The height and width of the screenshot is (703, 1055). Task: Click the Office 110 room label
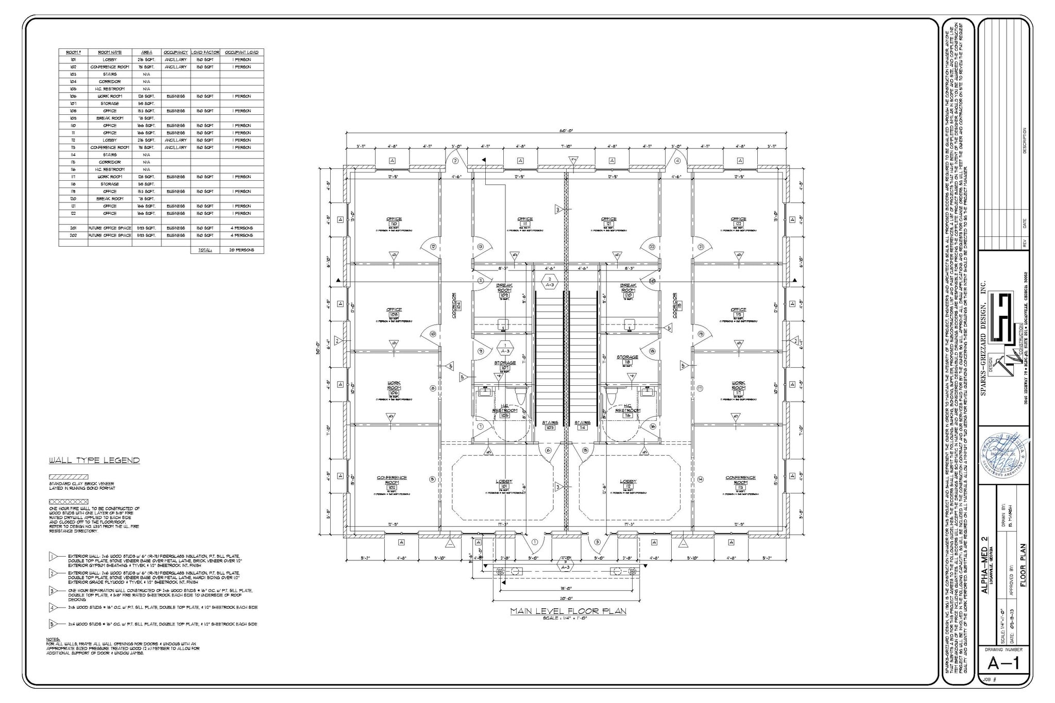[394, 221]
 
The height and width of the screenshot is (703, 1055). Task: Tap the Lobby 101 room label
[504, 484]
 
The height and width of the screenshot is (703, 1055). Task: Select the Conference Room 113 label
[740, 481]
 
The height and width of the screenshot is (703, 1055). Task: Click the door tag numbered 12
[433, 247]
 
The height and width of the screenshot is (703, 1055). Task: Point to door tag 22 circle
[652, 247]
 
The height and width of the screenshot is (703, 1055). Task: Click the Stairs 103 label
[550, 425]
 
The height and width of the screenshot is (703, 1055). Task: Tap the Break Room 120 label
[628, 290]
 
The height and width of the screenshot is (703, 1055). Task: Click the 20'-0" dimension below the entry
[566, 598]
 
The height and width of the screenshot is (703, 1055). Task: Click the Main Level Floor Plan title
[568, 611]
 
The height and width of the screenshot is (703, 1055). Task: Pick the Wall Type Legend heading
[94, 460]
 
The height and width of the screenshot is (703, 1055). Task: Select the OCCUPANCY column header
[176, 52]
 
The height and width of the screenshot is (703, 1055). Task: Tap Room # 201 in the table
[73, 228]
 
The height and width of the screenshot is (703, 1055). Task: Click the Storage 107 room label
[505, 365]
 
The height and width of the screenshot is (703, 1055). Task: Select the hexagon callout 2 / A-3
[550, 282]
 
